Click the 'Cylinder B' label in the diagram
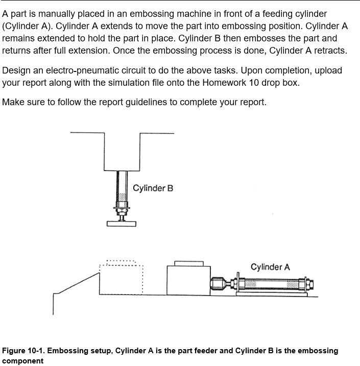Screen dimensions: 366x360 coord(153,188)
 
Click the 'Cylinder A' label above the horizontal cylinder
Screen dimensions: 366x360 coord(270,267)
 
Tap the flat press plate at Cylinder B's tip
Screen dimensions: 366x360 coord(122,223)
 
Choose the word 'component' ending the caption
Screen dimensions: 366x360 coord(22,360)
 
